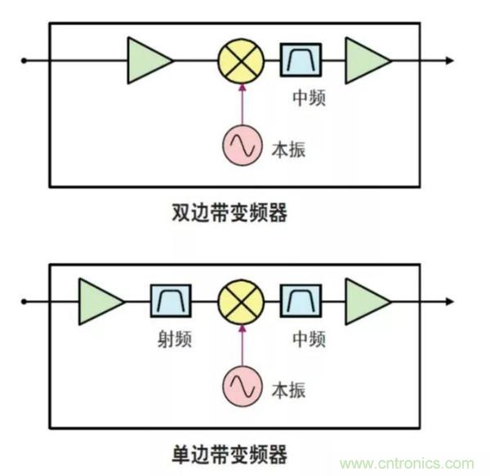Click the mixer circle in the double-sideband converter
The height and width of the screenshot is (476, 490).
[x=242, y=60]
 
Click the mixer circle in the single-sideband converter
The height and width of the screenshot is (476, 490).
[x=242, y=301]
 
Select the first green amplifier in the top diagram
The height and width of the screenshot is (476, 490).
[x=148, y=60]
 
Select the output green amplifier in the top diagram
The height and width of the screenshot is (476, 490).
[x=367, y=60]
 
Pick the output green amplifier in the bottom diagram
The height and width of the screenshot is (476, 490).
[x=367, y=301]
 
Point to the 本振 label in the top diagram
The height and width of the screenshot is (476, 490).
[x=288, y=149]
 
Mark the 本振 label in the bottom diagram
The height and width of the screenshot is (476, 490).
[x=288, y=390]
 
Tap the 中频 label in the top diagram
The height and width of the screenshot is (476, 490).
[x=308, y=99]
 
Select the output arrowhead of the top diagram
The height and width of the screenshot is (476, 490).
[x=448, y=60]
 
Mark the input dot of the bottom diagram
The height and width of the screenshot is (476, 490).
[x=24, y=301]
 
